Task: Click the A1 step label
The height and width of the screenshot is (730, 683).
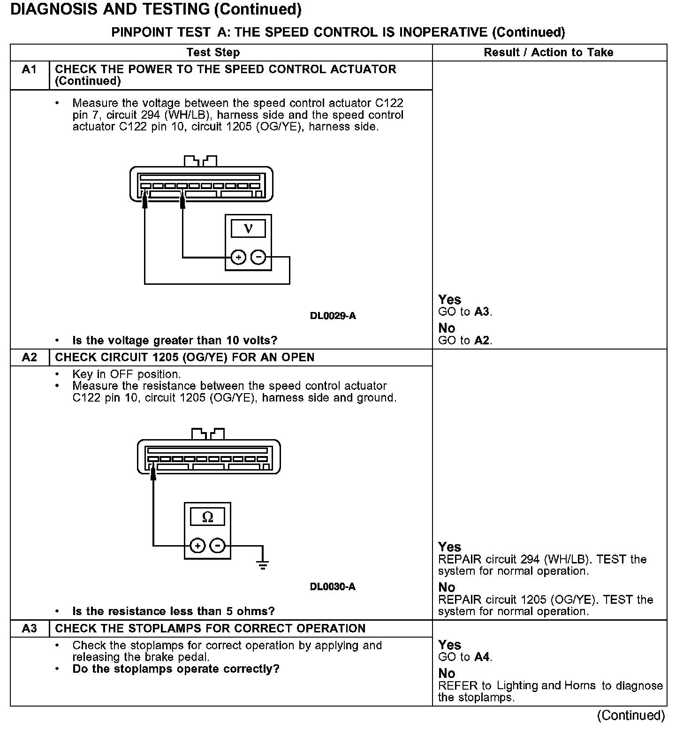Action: (x=29, y=70)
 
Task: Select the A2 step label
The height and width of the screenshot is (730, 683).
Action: (x=29, y=357)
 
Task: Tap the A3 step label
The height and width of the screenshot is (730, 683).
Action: (x=29, y=629)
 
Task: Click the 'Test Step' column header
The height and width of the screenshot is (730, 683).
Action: (x=213, y=53)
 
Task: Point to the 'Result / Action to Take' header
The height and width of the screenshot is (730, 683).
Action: (x=548, y=53)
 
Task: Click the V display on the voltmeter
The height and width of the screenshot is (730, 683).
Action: (x=248, y=229)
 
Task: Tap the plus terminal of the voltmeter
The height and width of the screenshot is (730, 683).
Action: (x=238, y=258)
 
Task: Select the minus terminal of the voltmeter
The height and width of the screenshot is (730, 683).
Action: (x=258, y=258)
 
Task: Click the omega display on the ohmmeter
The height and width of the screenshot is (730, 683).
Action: (x=207, y=517)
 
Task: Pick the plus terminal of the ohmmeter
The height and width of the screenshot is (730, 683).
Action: (x=197, y=546)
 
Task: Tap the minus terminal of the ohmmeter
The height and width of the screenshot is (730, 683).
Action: (x=218, y=546)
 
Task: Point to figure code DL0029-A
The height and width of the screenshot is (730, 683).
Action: (x=333, y=316)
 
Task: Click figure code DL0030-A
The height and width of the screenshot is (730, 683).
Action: (x=333, y=587)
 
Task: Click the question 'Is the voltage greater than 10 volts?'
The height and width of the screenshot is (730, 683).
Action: (x=175, y=340)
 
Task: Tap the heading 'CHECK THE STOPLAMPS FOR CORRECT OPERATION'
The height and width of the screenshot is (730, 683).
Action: (x=210, y=629)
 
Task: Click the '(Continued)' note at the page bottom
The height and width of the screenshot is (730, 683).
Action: (x=630, y=715)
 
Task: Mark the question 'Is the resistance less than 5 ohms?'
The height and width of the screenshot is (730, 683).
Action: (x=173, y=611)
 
